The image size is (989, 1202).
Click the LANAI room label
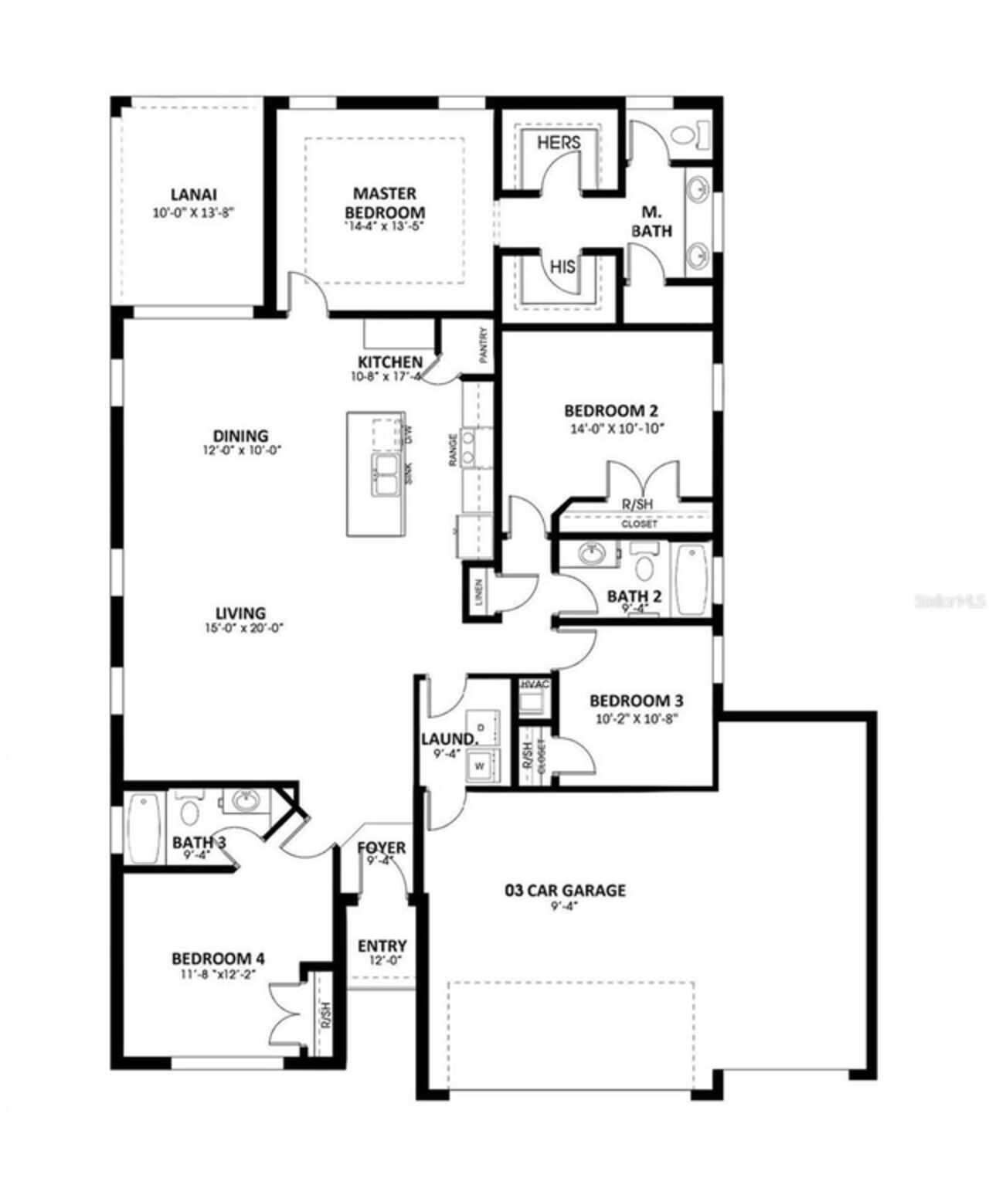[193, 194]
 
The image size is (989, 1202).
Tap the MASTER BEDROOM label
[384, 202]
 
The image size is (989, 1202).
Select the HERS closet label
[559, 142]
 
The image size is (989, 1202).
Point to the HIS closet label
[562, 267]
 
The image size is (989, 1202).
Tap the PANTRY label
[484, 346]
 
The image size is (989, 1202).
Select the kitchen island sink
[386, 474]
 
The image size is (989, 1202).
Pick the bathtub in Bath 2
[692, 579]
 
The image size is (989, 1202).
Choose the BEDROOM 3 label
[636, 701]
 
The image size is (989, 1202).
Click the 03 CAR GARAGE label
[565, 890]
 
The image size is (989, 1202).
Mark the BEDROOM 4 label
[218, 958]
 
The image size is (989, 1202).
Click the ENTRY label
[382, 946]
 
